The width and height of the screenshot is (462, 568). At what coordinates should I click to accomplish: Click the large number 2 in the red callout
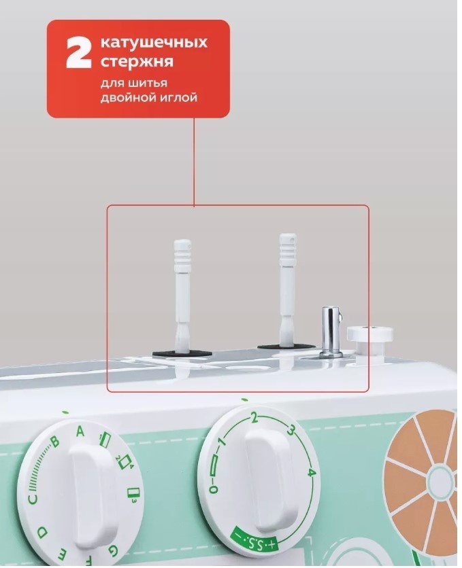click(78, 52)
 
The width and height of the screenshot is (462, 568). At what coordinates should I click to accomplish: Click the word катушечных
click(154, 42)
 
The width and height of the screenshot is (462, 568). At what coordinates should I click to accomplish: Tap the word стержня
click(137, 61)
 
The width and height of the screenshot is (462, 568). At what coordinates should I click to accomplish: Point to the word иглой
click(179, 98)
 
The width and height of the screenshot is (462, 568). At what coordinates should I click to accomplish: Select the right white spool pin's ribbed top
click(288, 251)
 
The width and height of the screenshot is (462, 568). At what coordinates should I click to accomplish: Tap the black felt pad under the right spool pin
click(286, 347)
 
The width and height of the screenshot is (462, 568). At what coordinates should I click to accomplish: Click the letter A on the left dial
click(80, 431)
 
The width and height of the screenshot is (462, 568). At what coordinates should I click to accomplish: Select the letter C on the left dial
click(33, 499)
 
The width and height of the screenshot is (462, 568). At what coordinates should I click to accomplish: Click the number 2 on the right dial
click(254, 418)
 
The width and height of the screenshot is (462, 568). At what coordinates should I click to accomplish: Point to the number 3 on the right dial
click(291, 430)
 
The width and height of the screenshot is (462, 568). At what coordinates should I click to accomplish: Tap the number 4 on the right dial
click(312, 473)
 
